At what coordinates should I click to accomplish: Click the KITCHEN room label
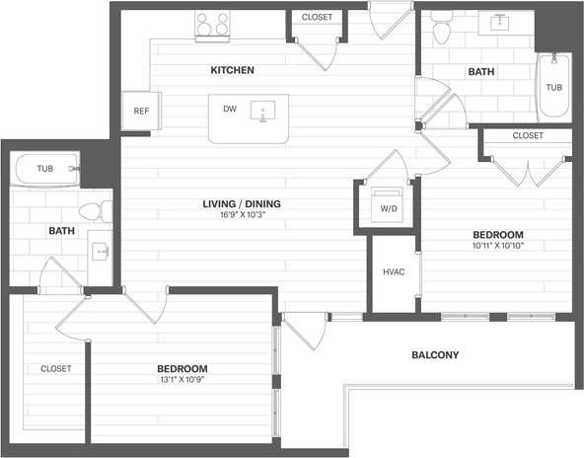click(x=233, y=70)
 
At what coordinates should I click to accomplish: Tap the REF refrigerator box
click(x=140, y=111)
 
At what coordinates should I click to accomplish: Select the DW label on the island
click(x=229, y=109)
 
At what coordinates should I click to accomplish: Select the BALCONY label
click(x=435, y=354)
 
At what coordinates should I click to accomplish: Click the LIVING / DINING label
click(x=242, y=204)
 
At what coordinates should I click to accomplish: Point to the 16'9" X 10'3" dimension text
click(x=242, y=215)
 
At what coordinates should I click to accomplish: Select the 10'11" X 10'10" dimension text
click(x=497, y=246)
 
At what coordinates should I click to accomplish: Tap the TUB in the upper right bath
click(x=553, y=87)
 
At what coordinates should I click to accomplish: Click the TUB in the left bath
click(x=45, y=169)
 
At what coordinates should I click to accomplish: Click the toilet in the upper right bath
click(x=441, y=32)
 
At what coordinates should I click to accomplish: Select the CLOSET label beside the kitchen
click(x=317, y=17)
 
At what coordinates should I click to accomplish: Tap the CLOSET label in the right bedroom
click(x=528, y=135)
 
